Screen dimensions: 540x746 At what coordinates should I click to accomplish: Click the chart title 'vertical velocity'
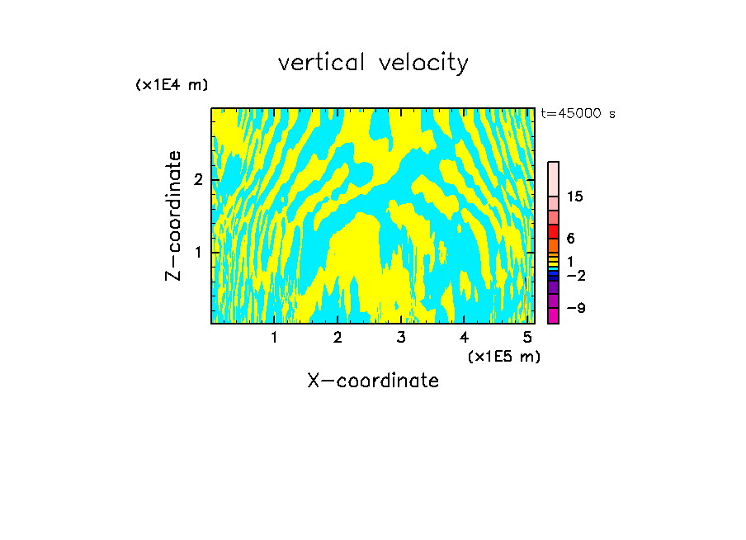[373, 63]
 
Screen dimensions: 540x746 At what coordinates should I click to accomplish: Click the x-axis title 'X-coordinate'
[373, 381]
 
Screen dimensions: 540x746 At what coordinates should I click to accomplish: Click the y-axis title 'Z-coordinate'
[173, 216]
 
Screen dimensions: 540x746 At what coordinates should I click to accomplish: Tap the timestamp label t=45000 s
[578, 114]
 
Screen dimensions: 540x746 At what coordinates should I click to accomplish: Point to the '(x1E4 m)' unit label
[172, 85]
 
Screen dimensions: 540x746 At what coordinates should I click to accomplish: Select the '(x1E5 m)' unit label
[503, 356]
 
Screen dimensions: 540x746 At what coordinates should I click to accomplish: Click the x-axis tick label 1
[274, 338]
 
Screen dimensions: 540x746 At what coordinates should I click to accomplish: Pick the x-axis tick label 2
[338, 338]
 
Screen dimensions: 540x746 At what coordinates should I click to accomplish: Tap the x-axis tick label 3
[401, 338]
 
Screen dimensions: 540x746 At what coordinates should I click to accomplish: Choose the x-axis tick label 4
[464, 338]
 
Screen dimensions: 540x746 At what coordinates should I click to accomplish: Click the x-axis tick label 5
[527, 338]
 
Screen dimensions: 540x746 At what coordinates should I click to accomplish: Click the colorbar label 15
[575, 197]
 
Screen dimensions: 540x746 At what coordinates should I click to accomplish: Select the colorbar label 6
[570, 239]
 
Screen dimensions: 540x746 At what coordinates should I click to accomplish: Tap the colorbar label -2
[575, 276]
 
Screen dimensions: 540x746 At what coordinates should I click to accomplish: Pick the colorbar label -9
[575, 308]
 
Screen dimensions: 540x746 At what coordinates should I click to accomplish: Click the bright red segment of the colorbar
[554, 231]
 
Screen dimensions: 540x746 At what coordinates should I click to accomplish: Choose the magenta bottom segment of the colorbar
[554, 315]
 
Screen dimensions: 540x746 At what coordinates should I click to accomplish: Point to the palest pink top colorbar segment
[554, 178]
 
